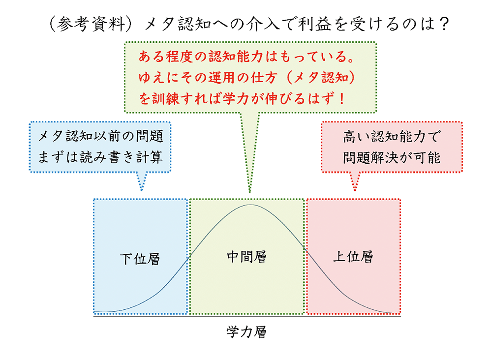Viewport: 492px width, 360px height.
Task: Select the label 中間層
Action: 246,256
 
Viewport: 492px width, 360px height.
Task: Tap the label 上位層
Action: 353,257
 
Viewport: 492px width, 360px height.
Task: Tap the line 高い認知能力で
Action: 392,137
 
